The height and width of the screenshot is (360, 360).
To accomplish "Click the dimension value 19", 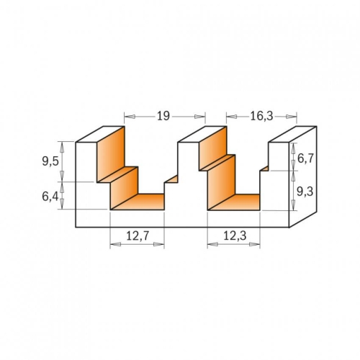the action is tap(163, 116).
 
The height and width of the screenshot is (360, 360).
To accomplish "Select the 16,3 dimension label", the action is tap(261, 117).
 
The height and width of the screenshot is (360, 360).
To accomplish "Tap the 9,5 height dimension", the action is tap(50, 161).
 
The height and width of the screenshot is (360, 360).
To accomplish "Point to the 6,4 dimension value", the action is tap(50, 197).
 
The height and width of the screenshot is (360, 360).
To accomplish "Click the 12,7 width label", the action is tap(138, 236).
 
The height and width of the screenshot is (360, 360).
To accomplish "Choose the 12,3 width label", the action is tap(235, 236).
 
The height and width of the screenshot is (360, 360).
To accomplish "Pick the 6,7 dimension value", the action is tap(305, 158).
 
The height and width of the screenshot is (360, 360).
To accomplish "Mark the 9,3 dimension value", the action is tap(305, 192).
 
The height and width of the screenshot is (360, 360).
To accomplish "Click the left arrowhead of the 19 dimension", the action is tap(130, 117).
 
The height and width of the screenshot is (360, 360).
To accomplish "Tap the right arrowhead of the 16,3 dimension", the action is tap(292, 117).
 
